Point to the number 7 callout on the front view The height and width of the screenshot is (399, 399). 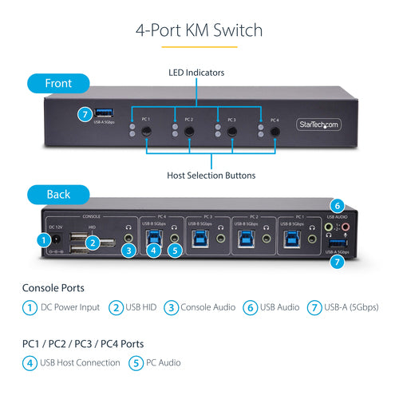point(85,114)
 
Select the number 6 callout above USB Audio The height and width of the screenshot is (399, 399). point(337,204)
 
